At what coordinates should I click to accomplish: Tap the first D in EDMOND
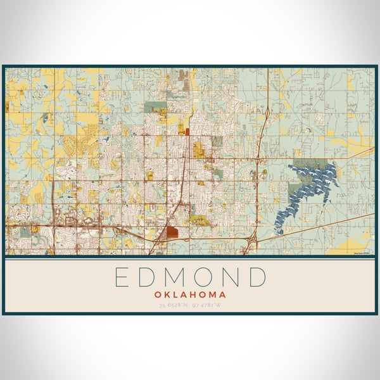point(147,277)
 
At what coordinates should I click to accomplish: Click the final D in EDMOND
point(258,277)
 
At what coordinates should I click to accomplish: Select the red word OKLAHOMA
point(190,294)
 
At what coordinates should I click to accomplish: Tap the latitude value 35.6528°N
point(172,306)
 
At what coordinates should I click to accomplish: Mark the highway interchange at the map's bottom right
point(253,239)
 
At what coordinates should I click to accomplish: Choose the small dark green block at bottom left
point(25,232)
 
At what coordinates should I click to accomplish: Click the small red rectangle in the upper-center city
point(187,132)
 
